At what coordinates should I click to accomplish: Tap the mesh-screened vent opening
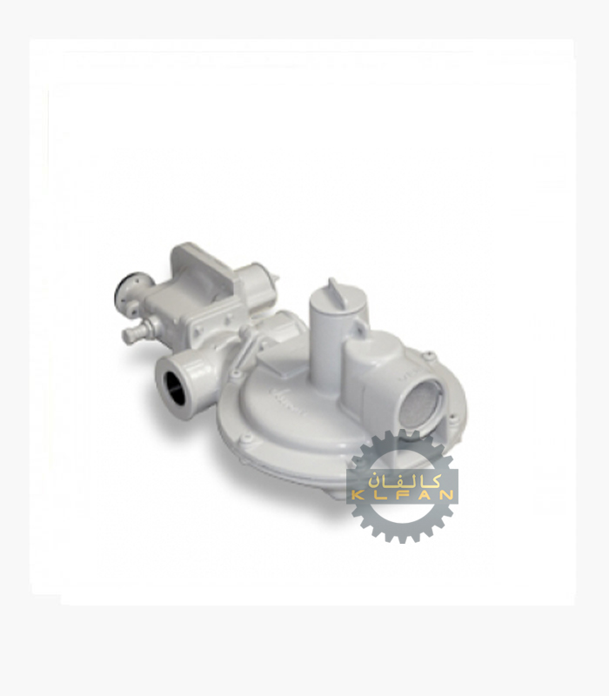[420, 406]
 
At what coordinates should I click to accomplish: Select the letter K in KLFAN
[357, 495]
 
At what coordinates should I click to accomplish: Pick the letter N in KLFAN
[446, 495]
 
